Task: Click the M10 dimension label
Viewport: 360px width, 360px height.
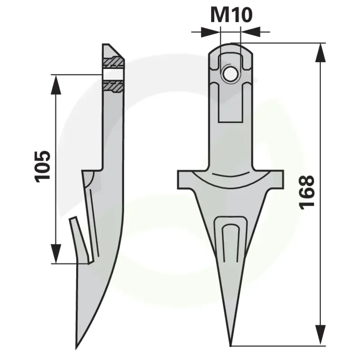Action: [231, 15]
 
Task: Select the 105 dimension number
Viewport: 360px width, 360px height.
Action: [42, 166]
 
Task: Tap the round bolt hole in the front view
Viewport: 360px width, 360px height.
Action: [230, 74]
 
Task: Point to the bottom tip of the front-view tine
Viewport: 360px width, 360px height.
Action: [230, 345]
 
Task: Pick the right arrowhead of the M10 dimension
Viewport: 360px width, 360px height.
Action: [250, 32]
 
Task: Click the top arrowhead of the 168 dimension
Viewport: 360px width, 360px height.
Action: [320, 53]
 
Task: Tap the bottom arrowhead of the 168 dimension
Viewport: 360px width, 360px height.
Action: [320, 335]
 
